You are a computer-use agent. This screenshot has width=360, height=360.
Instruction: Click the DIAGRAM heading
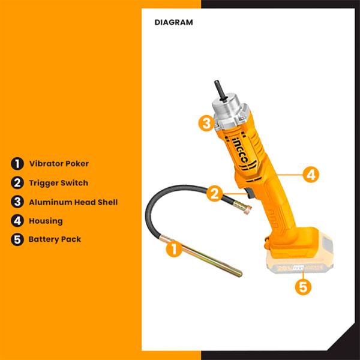coord(173,22)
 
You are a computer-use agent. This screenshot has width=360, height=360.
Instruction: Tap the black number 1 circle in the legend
coord(17,164)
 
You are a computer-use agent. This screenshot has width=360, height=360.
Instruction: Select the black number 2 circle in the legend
coord(17,183)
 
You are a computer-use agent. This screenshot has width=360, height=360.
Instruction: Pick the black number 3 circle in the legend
coord(17,202)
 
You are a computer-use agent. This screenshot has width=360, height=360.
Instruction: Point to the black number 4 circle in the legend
coord(17,221)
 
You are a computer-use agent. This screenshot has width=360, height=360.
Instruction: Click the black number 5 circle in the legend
coord(17,239)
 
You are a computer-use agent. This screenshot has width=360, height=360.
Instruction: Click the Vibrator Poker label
coord(59,163)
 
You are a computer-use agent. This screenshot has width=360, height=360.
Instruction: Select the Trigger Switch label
coord(59,183)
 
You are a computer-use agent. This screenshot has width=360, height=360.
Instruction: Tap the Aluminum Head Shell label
coord(73,202)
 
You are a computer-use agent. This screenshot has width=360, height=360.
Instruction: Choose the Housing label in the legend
coord(46,221)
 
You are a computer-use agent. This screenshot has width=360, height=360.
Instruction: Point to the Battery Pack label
coord(55,239)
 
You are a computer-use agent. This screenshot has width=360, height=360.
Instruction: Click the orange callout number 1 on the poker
coord(174,249)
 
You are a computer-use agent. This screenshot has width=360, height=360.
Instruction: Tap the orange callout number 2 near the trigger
coord(214,193)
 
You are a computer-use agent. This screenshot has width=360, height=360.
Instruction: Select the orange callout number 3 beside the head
coord(206,123)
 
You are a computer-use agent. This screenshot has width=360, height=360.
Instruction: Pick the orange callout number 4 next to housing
coord(311,175)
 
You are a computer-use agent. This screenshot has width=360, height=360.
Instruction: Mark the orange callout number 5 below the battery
coord(303,287)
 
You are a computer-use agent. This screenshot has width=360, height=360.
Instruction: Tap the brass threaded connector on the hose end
coord(242,206)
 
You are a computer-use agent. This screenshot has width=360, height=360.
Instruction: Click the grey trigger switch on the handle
coord(249,193)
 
